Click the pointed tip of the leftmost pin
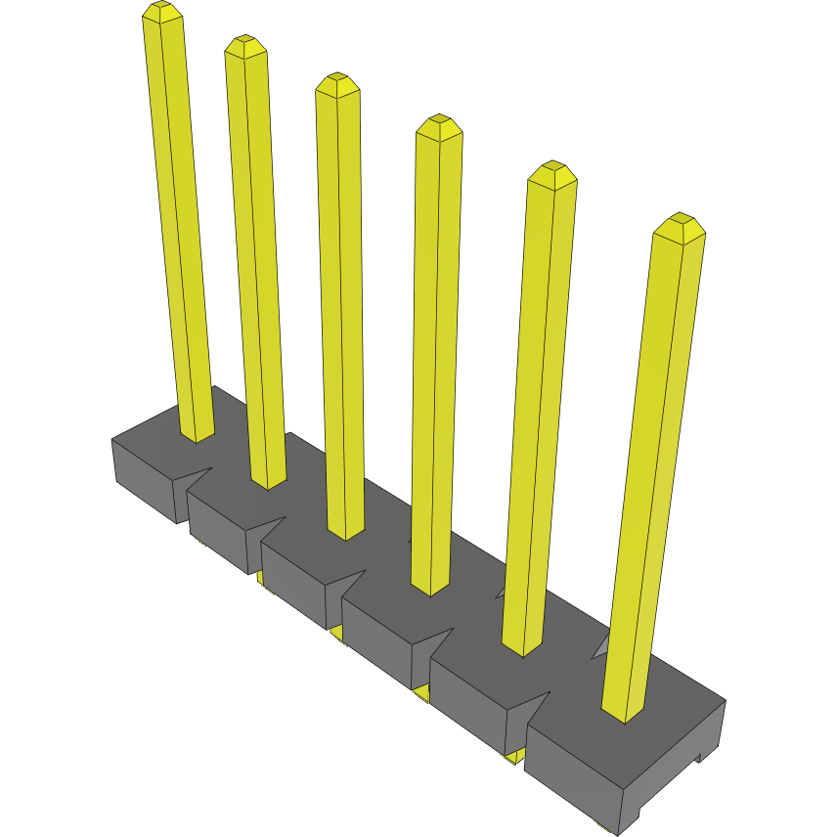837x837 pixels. [x=162, y=11]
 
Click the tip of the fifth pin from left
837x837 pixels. [x=552, y=170]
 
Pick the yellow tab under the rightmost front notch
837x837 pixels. [x=514, y=756]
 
